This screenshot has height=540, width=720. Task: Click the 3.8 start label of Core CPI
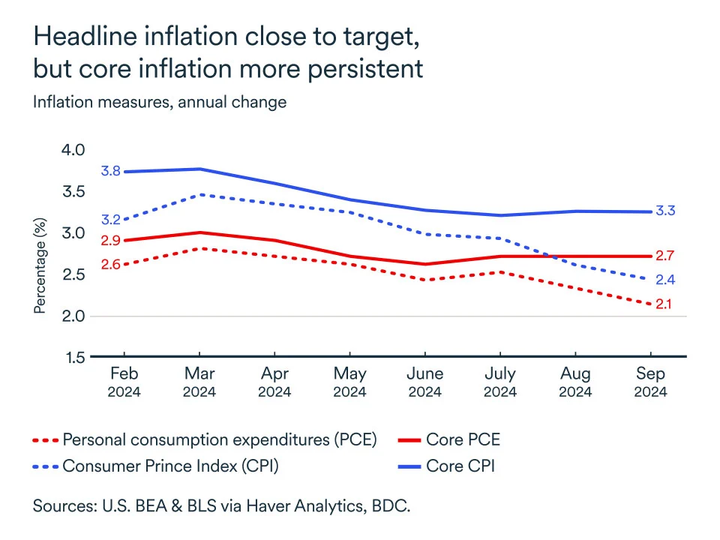111,172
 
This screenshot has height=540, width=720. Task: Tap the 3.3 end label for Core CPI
665,211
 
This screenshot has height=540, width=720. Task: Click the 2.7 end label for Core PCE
665,256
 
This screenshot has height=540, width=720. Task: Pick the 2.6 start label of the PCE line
111,265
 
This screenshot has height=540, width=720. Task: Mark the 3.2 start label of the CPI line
111,220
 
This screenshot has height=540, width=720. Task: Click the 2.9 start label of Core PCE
111,241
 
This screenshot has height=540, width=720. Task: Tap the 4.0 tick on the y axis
73,151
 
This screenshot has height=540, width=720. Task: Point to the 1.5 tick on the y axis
73,358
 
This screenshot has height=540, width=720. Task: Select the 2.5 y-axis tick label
73,275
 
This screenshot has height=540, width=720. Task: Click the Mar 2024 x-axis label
199,382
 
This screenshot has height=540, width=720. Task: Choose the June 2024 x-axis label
424,382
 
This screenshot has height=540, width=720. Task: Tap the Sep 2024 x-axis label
649,382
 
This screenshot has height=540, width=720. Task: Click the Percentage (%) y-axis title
40,265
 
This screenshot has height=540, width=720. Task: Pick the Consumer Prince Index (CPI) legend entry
171,466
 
